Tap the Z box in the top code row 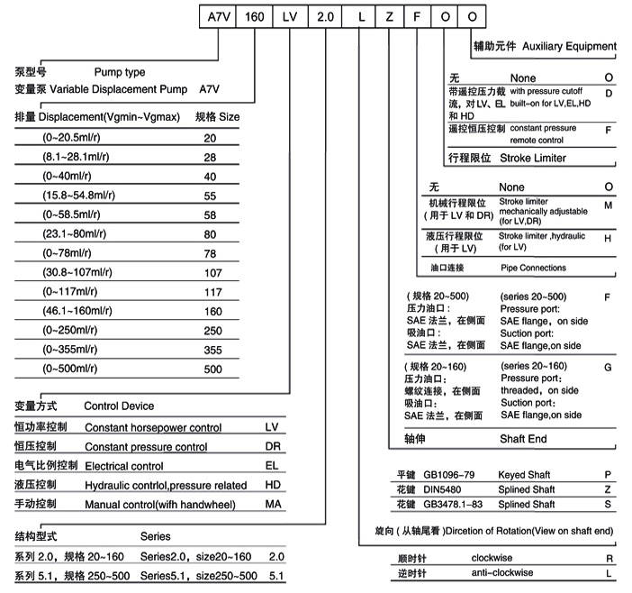coord(389,18)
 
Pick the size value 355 coord(212,349)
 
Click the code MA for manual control coord(274,504)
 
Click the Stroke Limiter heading coord(532,158)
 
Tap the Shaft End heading coord(524,440)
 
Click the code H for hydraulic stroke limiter coord(609,239)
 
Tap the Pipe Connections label coord(533,268)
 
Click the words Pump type coord(119,72)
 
